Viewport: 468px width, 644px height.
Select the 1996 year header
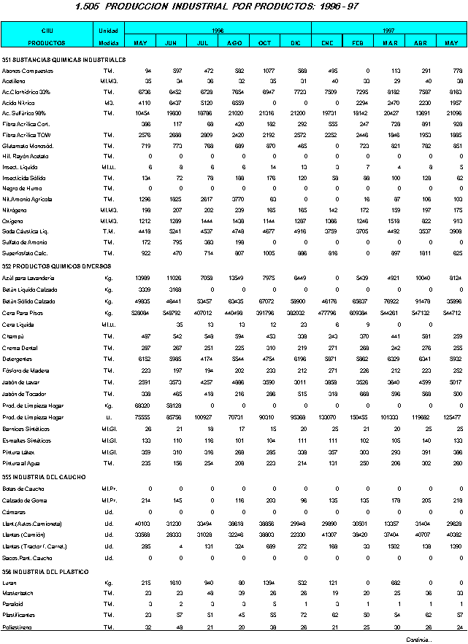point(218,31)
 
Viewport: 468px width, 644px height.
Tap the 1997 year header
point(388,31)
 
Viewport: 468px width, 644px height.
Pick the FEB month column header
point(358,43)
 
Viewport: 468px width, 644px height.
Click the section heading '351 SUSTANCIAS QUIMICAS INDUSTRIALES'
point(64,59)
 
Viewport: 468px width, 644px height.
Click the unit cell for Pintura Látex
point(108,452)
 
